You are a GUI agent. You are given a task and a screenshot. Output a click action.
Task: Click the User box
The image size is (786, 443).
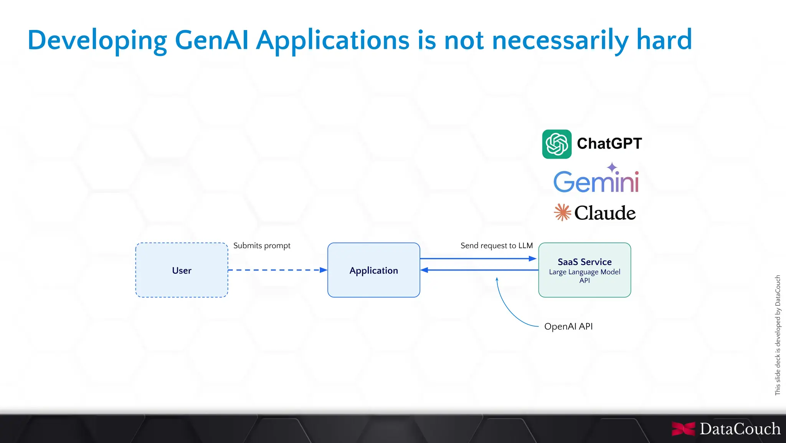[x=182, y=270]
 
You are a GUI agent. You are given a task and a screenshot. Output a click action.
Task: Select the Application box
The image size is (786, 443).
[x=373, y=270]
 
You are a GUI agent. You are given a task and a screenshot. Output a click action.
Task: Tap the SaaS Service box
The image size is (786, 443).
[x=584, y=270]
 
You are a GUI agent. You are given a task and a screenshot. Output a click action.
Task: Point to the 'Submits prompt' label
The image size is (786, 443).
[x=262, y=246]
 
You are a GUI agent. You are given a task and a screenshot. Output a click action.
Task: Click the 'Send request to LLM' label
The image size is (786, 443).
[x=496, y=246]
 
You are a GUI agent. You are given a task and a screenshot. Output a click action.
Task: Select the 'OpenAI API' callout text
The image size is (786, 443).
[x=568, y=327]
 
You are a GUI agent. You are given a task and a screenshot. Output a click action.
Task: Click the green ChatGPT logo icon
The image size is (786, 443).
[x=556, y=144]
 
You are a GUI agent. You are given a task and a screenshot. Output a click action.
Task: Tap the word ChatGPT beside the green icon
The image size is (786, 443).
[x=609, y=144]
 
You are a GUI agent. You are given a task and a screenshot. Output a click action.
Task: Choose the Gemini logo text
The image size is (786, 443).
[x=596, y=182]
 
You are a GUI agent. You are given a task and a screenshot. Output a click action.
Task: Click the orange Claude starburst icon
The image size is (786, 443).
[x=562, y=212]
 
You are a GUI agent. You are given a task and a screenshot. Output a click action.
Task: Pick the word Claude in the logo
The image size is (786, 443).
[x=605, y=213]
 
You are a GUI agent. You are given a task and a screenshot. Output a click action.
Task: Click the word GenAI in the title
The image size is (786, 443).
[x=211, y=40]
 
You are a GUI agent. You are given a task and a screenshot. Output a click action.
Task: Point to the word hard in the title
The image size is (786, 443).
[x=664, y=40]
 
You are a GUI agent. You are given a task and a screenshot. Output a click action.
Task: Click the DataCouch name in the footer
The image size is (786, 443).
[x=740, y=429]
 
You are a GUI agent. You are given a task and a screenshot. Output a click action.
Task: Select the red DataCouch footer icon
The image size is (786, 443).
[x=683, y=429]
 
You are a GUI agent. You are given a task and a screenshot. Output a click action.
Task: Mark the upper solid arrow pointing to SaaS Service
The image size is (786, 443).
[x=478, y=259]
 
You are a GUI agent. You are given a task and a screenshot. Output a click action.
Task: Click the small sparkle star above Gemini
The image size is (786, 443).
[x=612, y=168]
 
